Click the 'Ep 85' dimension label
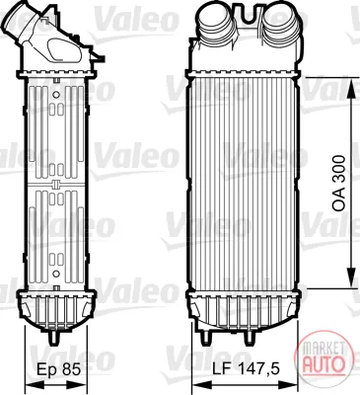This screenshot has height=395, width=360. coord(58,369)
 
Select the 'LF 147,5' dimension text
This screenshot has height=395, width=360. coord(247,369)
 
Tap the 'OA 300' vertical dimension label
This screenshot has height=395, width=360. coord(339,184)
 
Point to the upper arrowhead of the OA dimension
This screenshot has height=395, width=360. coord(351,87)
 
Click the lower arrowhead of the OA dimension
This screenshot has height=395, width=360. coord(351,278)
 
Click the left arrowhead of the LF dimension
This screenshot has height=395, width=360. coord(201,385)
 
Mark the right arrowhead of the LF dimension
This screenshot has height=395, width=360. coord(289,385)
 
